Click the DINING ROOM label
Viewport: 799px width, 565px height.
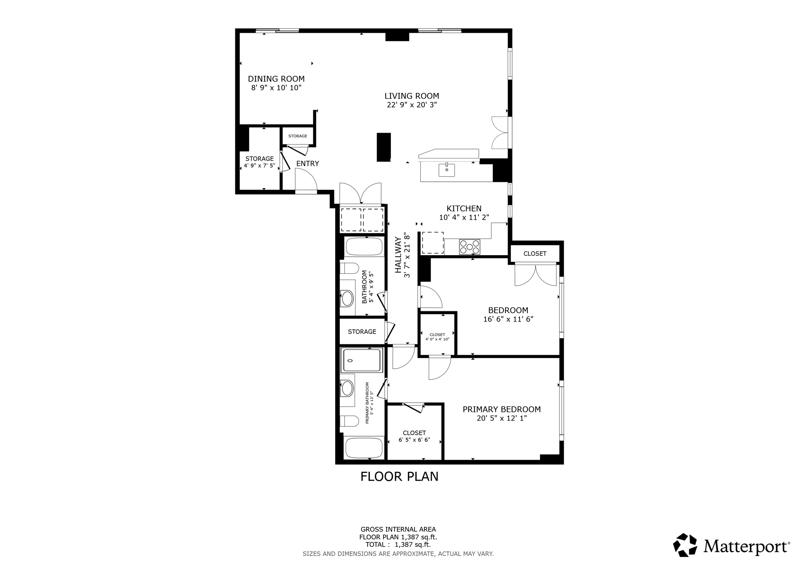point(276,79)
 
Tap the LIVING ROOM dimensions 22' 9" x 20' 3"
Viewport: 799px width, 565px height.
point(412,105)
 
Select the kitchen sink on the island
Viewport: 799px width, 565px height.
point(447,170)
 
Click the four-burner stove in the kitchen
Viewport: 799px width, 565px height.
point(469,247)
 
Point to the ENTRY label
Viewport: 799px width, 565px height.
point(307,163)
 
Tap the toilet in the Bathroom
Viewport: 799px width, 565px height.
point(349,268)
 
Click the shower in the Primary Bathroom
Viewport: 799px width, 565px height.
point(361,360)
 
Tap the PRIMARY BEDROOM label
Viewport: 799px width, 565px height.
point(501,409)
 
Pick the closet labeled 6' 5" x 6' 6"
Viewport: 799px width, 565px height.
point(414,436)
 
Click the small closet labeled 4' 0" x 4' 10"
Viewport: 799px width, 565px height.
point(437,337)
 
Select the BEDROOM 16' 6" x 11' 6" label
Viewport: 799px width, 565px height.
point(508,314)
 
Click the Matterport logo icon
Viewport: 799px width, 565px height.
point(685,545)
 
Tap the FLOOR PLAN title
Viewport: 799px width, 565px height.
point(399,476)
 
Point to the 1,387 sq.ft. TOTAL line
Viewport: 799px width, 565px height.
point(398,545)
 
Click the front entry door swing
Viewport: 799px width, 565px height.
point(306,181)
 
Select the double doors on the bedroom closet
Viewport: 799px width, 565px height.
point(535,275)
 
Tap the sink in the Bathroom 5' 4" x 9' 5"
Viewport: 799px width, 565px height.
point(347,299)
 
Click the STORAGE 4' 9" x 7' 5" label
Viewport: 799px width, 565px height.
point(259,162)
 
